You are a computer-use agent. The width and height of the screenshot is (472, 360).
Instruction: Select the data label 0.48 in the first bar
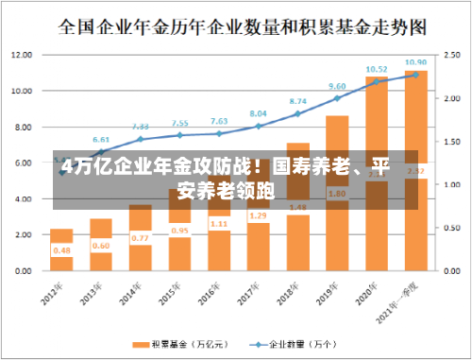point(62,250)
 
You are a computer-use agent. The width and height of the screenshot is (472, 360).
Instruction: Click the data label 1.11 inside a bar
point(219,224)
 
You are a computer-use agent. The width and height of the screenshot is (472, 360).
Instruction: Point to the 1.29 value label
point(258,216)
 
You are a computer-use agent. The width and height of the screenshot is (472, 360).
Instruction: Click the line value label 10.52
point(376,69)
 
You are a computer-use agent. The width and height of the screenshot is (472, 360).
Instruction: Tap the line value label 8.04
point(258,113)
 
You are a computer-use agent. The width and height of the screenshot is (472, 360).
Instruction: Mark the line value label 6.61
point(101,139)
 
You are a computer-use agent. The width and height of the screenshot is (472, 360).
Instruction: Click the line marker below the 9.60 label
point(337,98)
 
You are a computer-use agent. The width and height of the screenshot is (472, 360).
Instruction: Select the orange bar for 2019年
point(337,193)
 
